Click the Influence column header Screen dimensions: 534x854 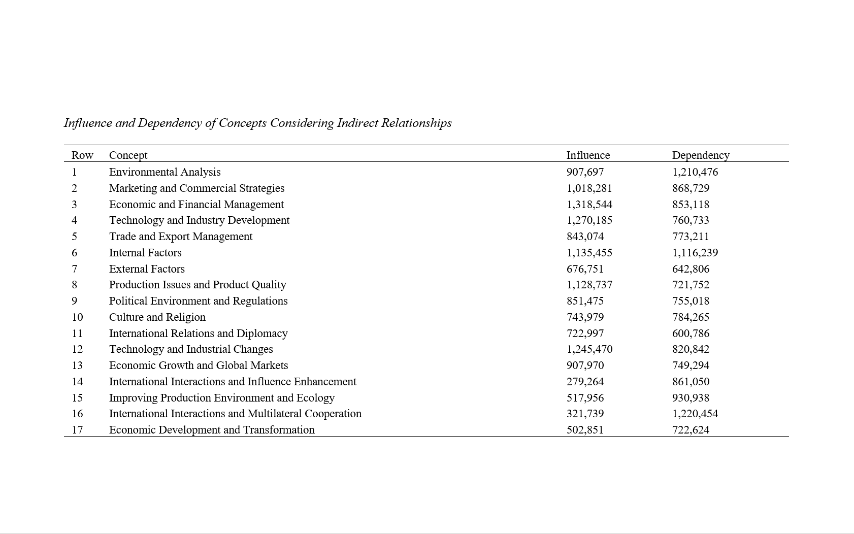click(588, 155)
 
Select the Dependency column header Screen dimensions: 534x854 click(701, 155)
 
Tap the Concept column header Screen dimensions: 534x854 click(128, 155)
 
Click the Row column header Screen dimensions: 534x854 click(82, 155)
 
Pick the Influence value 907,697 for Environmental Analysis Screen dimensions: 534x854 click(585, 172)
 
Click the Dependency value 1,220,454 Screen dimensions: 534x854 click(695, 413)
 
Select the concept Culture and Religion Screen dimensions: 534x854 click(157, 317)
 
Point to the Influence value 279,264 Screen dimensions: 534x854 click(585, 381)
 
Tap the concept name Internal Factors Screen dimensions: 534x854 click(145, 252)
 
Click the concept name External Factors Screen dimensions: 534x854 click(147, 269)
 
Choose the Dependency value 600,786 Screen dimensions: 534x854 click(691, 333)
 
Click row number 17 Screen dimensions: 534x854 click(77, 429)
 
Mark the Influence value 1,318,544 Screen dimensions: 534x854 click(589, 204)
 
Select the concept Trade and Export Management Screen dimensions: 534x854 click(181, 236)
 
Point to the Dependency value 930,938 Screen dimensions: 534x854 click(691, 397)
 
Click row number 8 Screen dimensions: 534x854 click(75, 284)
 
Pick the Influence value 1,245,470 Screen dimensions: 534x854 click(589, 349)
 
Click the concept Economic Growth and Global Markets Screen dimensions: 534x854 click(199, 365)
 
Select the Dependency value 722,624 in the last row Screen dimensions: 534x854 click(691, 429)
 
